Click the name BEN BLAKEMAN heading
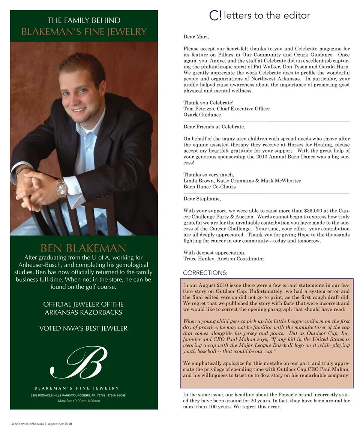(x=83, y=248)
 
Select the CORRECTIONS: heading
(x=205, y=273)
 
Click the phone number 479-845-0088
(x=116, y=396)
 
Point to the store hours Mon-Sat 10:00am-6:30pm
(x=79, y=401)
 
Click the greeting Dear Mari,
(x=196, y=37)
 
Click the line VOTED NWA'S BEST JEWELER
(x=83, y=328)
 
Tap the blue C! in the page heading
(x=215, y=15)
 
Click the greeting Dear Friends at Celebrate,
(x=214, y=127)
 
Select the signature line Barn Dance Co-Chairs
(x=209, y=187)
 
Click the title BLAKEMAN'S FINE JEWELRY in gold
(x=84, y=31)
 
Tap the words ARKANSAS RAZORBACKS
(x=83, y=312)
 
